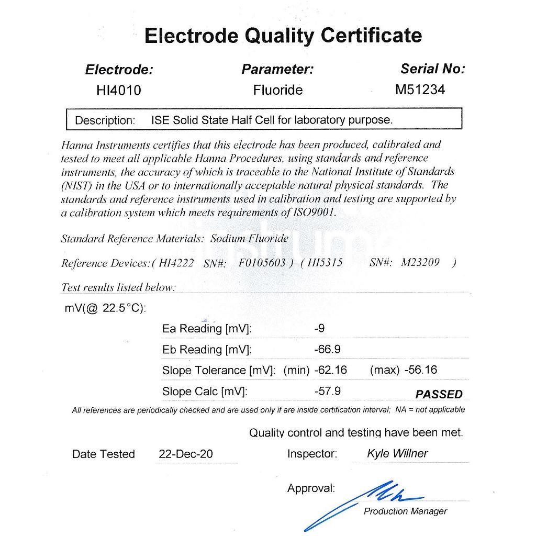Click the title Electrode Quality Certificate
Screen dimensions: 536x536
click(x=283, y=36)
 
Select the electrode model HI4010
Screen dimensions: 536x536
click(x=119, y=91)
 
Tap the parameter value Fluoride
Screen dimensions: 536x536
click(x=278, y=90)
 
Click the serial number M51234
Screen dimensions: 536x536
click(x=420, y=90)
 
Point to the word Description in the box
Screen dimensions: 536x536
click(x=105, y=120)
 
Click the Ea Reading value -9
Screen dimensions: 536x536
click(x=319, y=329)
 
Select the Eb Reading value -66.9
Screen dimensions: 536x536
click(x=327, y=349)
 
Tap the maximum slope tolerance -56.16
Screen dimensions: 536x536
click(x=421, y=370)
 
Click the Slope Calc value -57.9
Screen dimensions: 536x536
click(x=327, y=391)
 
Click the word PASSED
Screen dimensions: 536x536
click(x=439, y=394)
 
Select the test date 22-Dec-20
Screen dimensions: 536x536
click(x=185, y=454)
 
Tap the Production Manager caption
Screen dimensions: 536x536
click(x=405, y=511)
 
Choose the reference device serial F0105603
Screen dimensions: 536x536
click(x=262, y=263)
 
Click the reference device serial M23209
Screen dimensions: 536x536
click(x=420, y=263)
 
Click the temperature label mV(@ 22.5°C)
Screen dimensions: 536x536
click(x=105, y=308)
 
